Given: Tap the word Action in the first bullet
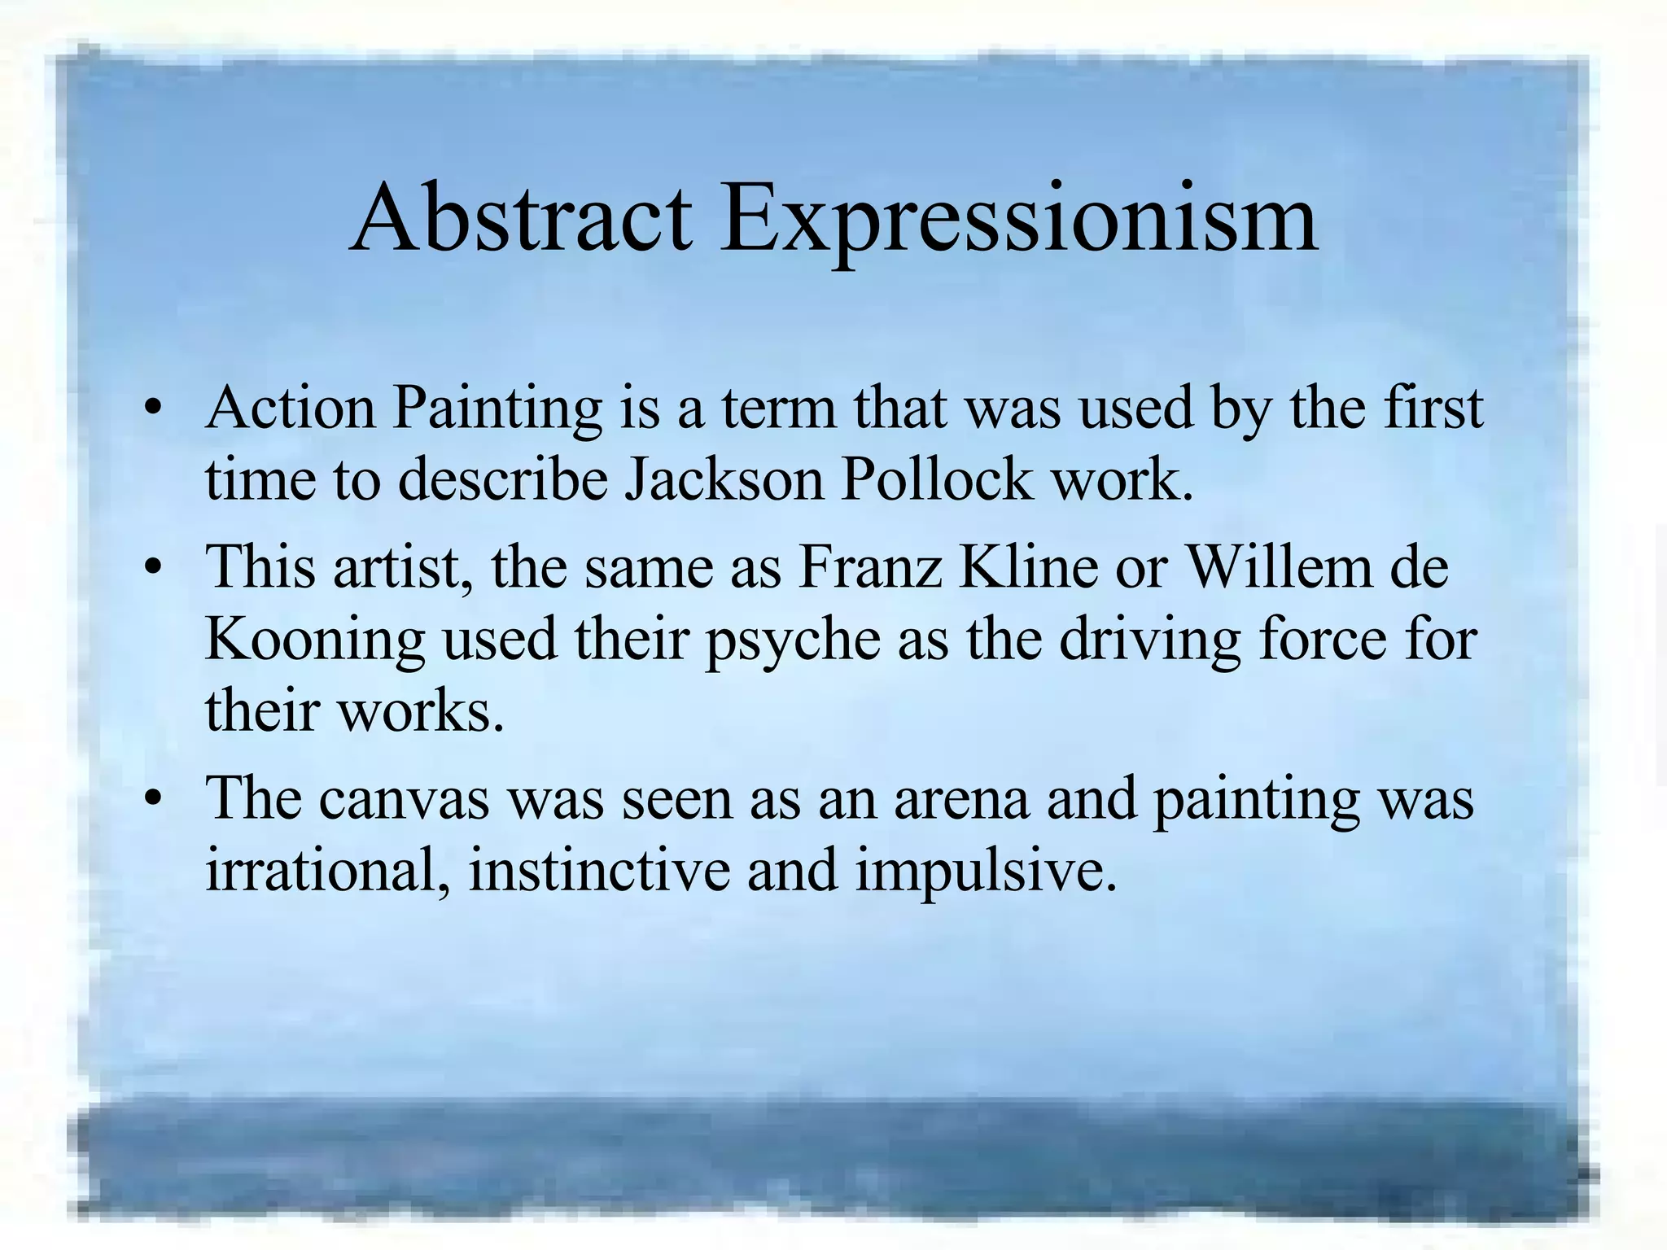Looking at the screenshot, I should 291,408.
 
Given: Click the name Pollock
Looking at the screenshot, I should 936,479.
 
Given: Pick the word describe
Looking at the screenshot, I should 503,479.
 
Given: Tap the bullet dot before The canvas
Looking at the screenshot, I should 151,802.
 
